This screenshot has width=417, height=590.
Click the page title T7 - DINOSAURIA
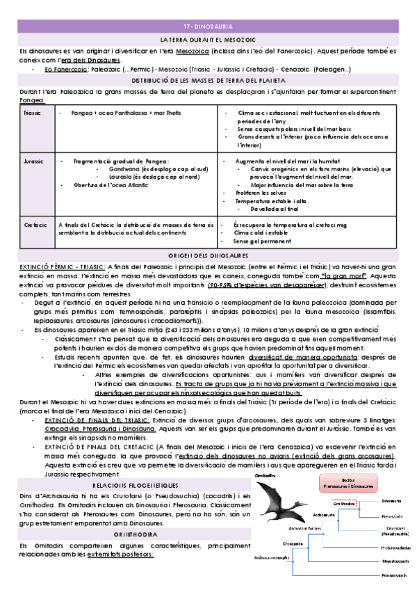pos(208,25)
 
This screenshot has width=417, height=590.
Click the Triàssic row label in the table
pos(33,113)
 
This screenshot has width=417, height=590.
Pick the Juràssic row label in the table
pos(33,161)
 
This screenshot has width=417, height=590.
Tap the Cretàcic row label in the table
pos(33,225)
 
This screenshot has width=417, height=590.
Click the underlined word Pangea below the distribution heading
pos(33,100)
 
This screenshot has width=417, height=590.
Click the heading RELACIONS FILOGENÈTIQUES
pos(136,465)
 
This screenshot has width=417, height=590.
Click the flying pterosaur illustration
pos(281,487)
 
